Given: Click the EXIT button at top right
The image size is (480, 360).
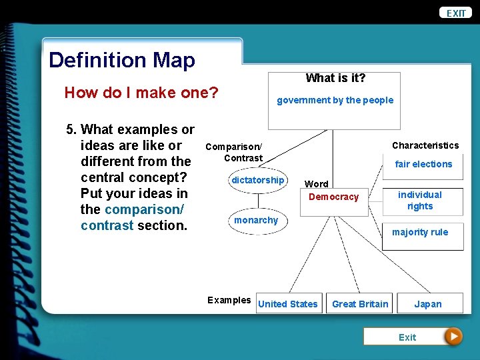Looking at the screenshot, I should click(x=456, y=13).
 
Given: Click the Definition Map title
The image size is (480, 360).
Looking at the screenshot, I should click(x=122, y=60).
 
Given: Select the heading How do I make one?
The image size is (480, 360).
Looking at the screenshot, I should click(x=141, y=93).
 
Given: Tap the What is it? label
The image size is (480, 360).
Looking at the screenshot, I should click(x=335, y=78).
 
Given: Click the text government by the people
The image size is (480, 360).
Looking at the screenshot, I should click(x=335, y=100).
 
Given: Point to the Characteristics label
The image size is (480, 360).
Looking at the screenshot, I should click(x=425, y=145).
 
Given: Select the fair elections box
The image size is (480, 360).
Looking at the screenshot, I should click(x=423, y=164).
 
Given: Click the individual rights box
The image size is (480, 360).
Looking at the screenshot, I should click(x=420, y=200).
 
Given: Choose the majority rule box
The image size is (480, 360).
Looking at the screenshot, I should click(x=420, y=233).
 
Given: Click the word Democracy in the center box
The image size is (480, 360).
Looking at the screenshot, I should click(x=333, y=197).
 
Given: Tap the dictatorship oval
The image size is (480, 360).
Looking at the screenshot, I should click(x=257, y=180).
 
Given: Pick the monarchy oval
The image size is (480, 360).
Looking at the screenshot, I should click(x=256, y=220).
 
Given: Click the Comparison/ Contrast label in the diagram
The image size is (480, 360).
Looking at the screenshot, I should click(x=234, y=152).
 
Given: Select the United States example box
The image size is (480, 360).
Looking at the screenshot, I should click(x=288, y=304).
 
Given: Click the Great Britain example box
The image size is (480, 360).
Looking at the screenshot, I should click(x=360, y=304).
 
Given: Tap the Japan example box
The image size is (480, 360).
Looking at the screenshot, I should click(x=428, y=304).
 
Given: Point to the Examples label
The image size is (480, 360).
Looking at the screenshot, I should click(x=229, y=300).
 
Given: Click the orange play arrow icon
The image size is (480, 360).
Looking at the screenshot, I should click(x=453, y=337).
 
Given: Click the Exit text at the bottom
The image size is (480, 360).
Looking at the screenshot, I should click(x=407, y=337).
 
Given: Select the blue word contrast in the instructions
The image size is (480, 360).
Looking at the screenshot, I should click(x=107, y=225).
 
